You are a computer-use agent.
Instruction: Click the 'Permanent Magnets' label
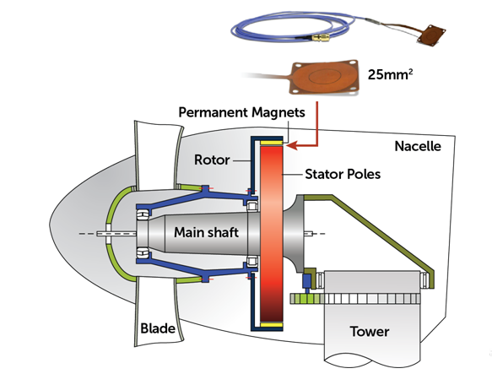coord(241,112)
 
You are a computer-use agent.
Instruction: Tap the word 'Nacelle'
coord(418,146)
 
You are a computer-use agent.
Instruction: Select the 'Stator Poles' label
coord(343,174)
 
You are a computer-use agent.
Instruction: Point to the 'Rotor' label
coord(212,160)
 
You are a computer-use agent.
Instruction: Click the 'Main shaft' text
coord(206,232)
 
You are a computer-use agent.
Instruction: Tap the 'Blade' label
coord(158,328)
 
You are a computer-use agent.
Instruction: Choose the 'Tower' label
coord(370,332)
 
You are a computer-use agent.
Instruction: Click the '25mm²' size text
coord(390,74)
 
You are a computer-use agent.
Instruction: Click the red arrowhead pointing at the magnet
coord(292,145)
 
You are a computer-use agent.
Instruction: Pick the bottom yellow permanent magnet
coord(272,325)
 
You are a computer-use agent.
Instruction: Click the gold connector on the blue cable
coord(321,39)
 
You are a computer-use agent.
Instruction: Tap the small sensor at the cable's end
coord(431,35)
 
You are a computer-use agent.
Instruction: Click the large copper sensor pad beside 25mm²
coord(324,77)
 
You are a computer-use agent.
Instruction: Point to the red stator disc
coord(272,234)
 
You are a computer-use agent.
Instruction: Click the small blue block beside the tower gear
coord(306,281)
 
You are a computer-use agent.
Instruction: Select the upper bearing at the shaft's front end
coord(143,214)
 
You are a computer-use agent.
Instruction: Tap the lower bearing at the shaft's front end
coord(143,252)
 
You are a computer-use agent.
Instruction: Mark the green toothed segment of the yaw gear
coord(306,299)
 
